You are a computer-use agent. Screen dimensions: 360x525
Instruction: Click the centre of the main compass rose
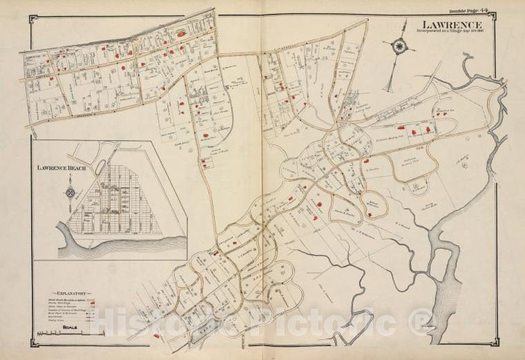[399, 47]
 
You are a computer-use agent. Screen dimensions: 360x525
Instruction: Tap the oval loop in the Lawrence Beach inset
[103, 167]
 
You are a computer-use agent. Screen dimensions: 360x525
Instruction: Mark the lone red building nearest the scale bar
[156, 336]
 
